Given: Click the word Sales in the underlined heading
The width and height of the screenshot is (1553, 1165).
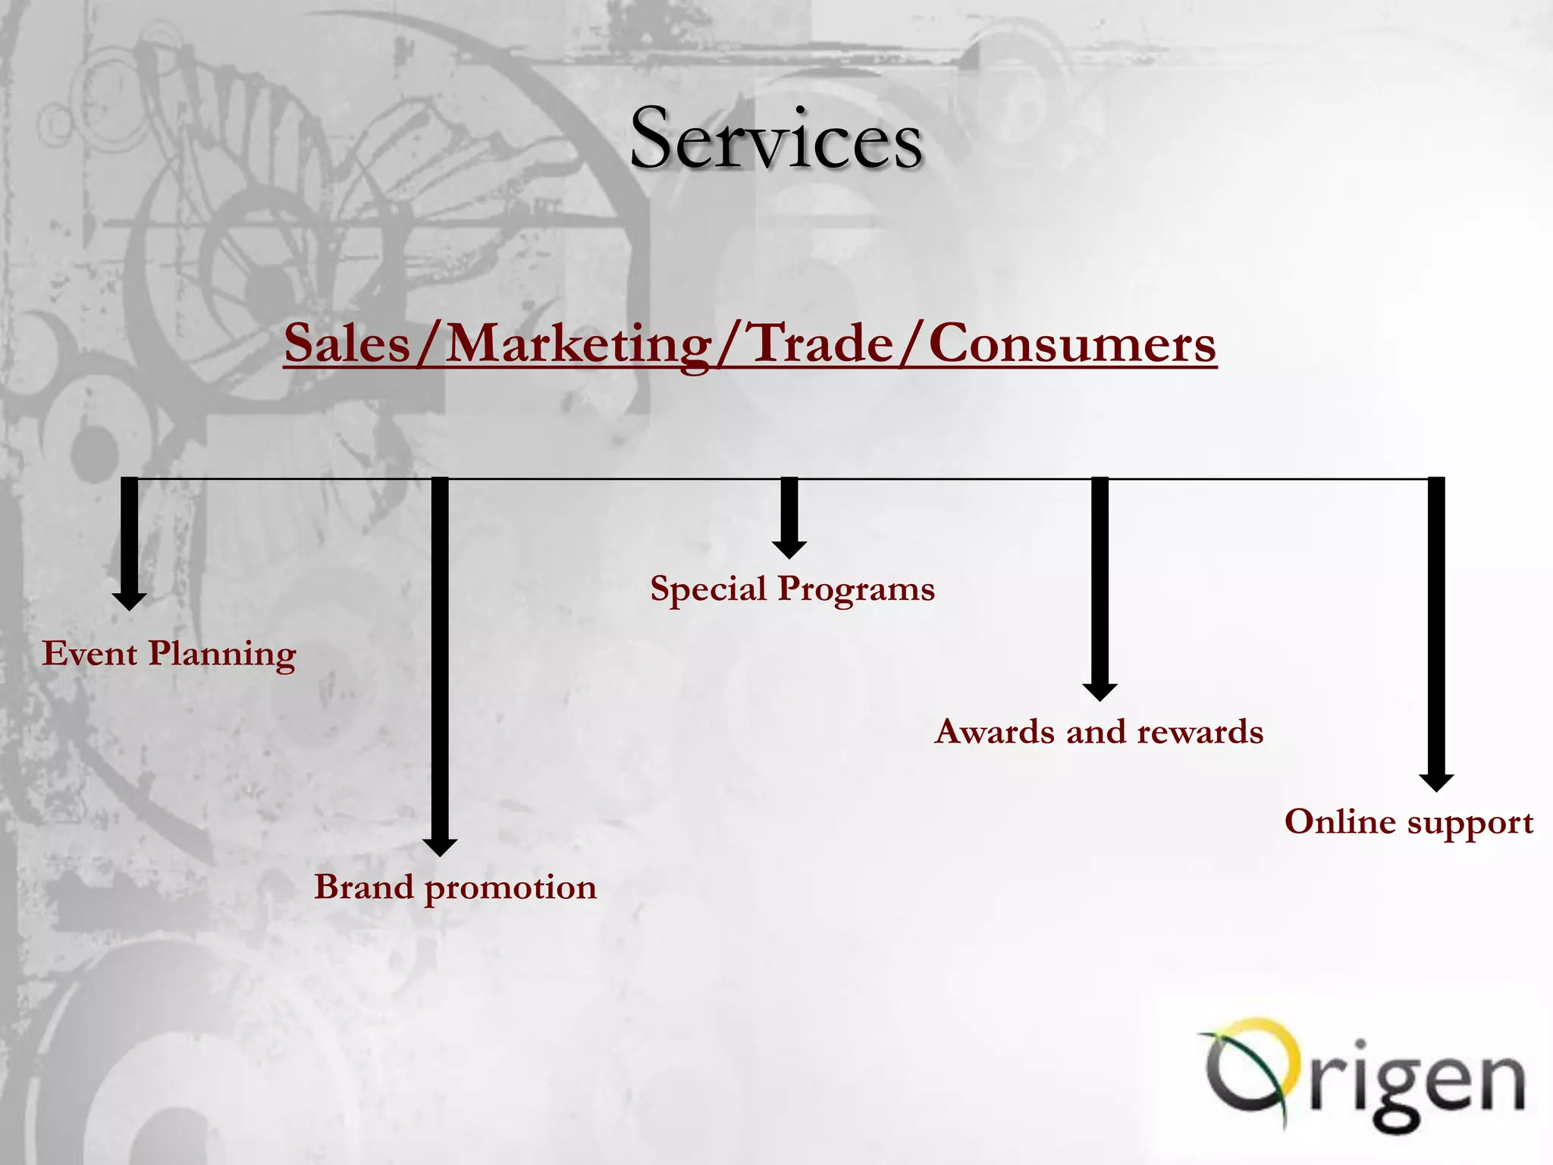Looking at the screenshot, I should click(x=347, y=344).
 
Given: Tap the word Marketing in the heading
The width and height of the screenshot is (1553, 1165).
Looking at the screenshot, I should click(x=579, y=344).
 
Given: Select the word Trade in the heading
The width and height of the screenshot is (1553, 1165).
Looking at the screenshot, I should click(x=821, y=344).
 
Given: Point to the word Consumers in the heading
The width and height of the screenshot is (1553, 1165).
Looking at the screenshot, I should click(x=1072, y=344).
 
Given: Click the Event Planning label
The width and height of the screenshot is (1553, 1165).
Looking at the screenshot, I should click(x=168, y=653).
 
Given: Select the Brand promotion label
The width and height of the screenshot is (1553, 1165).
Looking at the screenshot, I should click(x=455, y=887).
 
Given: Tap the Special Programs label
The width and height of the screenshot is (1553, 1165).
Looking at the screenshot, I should click(x=792, y=589).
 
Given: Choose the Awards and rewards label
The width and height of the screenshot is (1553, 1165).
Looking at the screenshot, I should click(x=1099, y=731).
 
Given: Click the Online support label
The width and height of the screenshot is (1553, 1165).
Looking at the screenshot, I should click(x=1409, y=821).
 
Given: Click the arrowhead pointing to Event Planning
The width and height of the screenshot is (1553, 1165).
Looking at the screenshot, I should click(x=130, y=601).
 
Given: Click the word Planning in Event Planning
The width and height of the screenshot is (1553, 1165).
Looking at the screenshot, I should click(x=221, y=654).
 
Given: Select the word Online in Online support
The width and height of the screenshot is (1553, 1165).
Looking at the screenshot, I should click(x=1341, y=821).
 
